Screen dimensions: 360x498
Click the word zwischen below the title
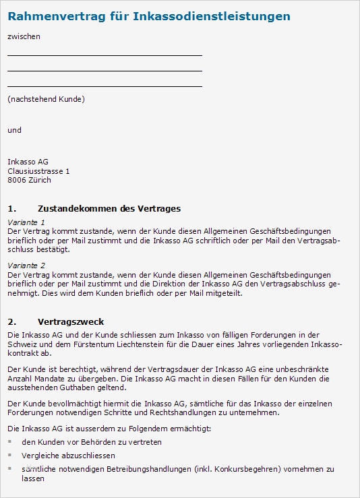[x=24, y=36]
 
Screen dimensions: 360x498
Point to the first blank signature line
[x=104, y=55]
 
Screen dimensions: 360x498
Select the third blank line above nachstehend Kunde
[x=104, y=86]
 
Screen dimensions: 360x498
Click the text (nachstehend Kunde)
[x=46, y=100]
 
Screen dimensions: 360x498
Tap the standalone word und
[x=14, y=130]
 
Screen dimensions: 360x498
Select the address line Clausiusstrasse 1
[x=38, y=171]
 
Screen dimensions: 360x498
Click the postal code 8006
[x=16, y=181]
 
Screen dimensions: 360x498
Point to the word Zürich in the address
[x=38, y=181]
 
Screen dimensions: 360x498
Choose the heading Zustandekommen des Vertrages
[x=109, y=209]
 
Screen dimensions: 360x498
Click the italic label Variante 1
[x=26, y=222]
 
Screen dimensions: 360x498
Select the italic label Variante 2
[x=26, y=266]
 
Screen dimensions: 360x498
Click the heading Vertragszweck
[x=71, y=322]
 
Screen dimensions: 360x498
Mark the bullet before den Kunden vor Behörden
[x=10, y=442]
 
